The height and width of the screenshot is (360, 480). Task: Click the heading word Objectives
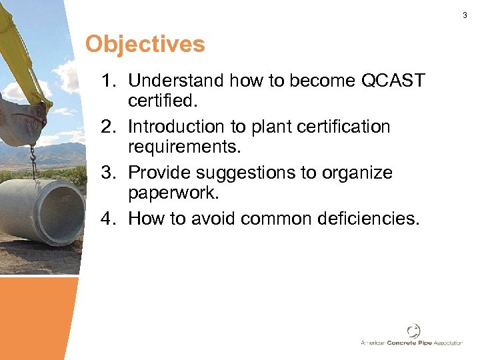145,45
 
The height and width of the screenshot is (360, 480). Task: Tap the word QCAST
392,81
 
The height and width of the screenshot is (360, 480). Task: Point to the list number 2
108,127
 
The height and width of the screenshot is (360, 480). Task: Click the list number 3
108,173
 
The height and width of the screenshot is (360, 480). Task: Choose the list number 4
108,218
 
